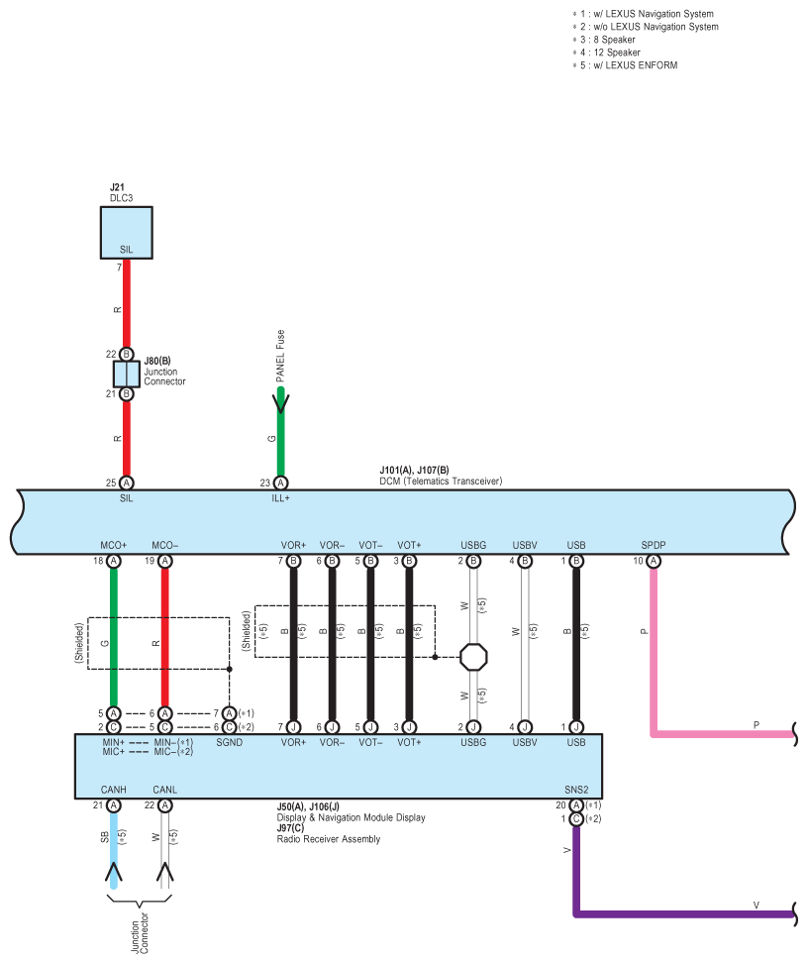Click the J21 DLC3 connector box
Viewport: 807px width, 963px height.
click(x=127, y=233)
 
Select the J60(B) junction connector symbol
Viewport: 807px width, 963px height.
click(x=127, y=374)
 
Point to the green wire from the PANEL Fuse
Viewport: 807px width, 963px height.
click(x=280, y=436)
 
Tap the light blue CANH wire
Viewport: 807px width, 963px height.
click(x=114, y=837)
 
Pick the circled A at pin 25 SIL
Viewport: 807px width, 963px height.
click(x=127, y=482)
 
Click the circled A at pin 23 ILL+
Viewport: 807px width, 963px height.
click(x=280, y=482)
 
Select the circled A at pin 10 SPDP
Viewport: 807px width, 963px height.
click(x=653, y=561)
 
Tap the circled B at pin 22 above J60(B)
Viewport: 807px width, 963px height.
click(x=127, y=354)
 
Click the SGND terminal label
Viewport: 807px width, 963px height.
click(x=229, y=742)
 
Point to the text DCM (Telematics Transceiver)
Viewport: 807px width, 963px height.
click(x=441, y=481)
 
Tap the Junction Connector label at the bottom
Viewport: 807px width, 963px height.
click(x=139, y=931)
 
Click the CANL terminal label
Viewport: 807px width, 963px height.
click(x=165, y=791)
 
